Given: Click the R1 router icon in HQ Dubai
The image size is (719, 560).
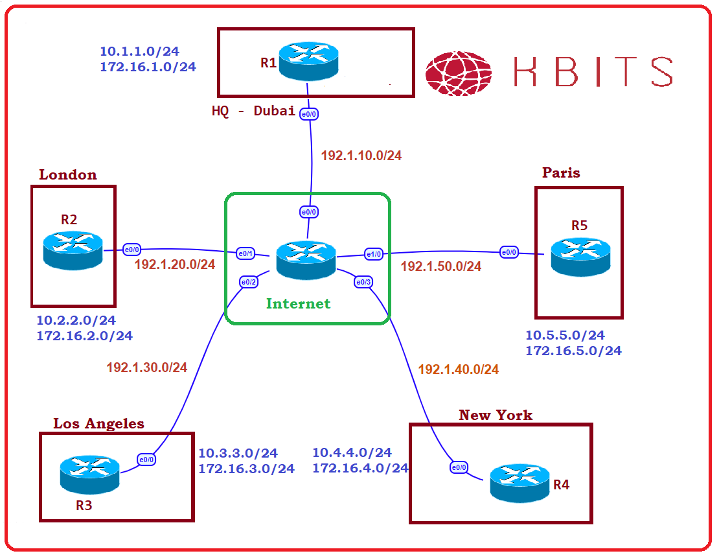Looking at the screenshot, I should pyautogui.click(x=308, y=61).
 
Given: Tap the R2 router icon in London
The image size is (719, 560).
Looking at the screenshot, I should pyautogui.click(x=73, y=250).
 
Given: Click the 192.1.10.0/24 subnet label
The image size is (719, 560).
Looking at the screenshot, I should pyautogui.click(x=361, y=156).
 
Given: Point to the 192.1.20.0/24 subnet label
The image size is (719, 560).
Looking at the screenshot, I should pyautogui.click(x=175, y=264).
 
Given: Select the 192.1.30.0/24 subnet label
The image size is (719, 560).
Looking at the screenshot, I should pyautogui.click(x=147, y=367).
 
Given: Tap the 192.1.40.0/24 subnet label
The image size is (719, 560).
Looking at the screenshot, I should pyautogui.click(x=459, y=369).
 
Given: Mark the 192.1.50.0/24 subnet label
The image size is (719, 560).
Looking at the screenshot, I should pyautogui.click(x=441, y=266).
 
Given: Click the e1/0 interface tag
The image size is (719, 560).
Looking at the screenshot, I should pyautogui.click(x=374, y=253).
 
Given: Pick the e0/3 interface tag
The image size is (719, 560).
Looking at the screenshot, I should pyautogui.click(x=363, y=282).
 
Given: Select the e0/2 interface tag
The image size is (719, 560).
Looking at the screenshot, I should pyautogui.click(x=249, y=282).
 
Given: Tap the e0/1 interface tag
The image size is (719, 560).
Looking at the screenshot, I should pyautogui.click(x=245, y=253).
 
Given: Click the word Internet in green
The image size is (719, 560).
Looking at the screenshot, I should pyautogui.click(x=298, y=303).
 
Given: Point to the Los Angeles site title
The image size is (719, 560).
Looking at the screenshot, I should pyautogui.click(x=98, y=424).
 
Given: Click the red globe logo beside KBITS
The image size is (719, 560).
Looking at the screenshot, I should pyautogui.click(x=459, y=71).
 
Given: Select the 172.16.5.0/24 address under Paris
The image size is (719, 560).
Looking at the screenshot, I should pyautogui.click(x=573, y=351).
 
